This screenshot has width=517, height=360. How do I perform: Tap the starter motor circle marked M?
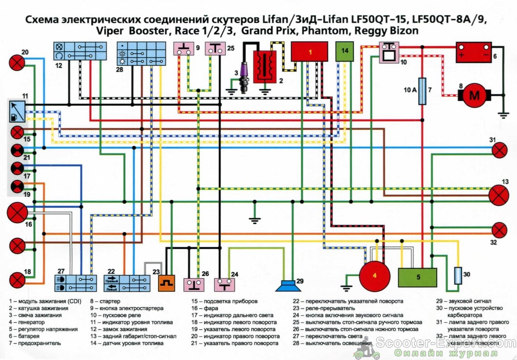(x=474, y=95)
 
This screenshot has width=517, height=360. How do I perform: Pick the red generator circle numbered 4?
(x=375, y=277)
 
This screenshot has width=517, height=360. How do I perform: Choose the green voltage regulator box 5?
(x=417, y=277)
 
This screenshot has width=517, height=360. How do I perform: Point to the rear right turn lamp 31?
(x=499, y=150)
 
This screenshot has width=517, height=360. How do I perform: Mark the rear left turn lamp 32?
(x=499, y=230)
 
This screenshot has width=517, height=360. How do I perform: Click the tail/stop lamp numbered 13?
(x=499, y=196)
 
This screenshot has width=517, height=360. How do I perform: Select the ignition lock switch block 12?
(x=80, y=51)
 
